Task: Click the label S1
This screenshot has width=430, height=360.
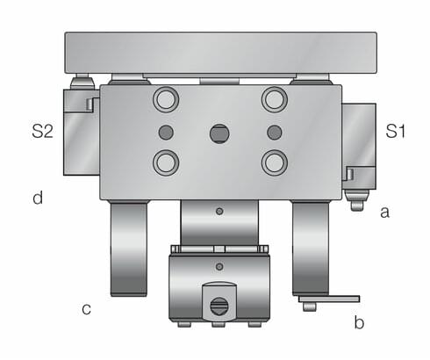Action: (397, 133)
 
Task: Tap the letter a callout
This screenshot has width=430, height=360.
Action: (383, 212)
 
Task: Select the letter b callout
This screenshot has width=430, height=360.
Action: (358, 322)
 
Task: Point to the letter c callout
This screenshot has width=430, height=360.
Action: (86, 308)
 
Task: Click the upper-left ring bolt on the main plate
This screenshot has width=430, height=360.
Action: (164, 99)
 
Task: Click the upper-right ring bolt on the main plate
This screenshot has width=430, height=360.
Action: (275, 99)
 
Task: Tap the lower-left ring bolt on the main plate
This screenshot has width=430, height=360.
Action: (164, 162)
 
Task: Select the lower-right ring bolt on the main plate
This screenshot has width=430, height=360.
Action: (275, 162)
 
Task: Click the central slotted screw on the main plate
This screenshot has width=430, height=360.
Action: (219, 133)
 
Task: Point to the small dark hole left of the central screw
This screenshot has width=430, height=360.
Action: (164, 133)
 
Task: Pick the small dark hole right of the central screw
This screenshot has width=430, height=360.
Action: (275, 133)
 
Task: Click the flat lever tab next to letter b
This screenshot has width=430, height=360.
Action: (329, 300)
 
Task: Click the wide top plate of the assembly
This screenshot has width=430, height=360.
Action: (219, 53)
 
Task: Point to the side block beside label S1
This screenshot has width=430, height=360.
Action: (358, 145)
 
